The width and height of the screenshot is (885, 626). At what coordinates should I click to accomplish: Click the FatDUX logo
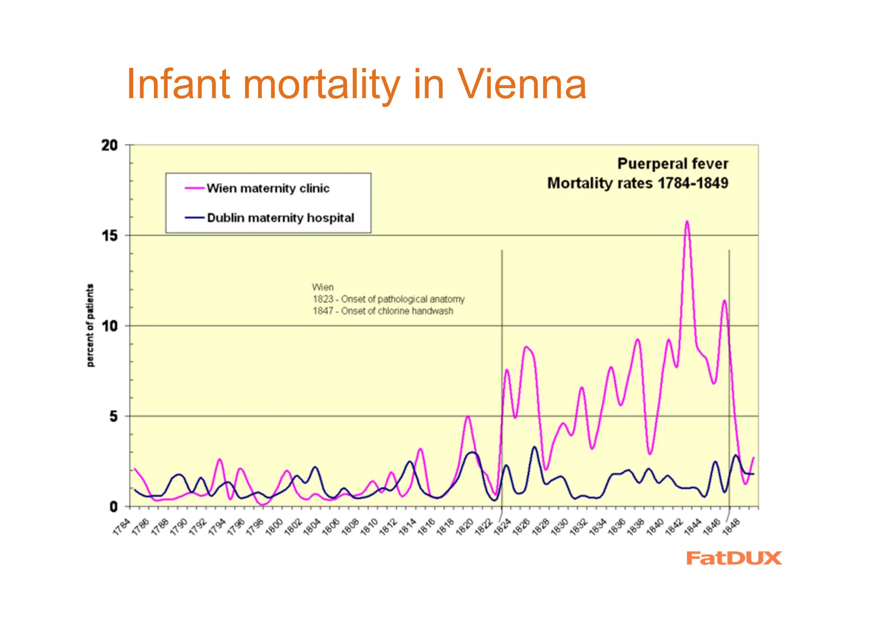tap(734, 558)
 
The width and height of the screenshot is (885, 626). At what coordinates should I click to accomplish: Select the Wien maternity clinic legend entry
tap(267, 188)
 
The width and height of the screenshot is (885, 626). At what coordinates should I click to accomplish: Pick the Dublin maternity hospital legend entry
tap(280, 217)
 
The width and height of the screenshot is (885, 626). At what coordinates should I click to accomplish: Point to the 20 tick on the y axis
tap(110, 145)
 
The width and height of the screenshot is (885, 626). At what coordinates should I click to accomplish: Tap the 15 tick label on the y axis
tap(110, 236)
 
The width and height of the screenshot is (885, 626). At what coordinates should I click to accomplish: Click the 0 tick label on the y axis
tap(113, 507)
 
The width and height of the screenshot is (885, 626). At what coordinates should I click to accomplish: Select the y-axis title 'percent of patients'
tap(90, 326)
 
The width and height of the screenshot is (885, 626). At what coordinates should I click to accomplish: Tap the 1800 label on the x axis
tap(274, 527)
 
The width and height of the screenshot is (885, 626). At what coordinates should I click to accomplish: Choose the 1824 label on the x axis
tap(503, 527)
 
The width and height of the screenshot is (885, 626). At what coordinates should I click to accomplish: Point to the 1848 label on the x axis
tap(731, 527)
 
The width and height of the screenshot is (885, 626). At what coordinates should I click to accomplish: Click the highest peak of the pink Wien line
tap(687, 222)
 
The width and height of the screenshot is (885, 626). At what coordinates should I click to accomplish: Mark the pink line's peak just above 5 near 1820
tap(468, 416)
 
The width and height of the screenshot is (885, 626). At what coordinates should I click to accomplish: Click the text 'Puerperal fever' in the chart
tap(672, 164)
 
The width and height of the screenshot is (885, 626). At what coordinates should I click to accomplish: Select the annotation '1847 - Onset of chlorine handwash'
tap(383, 311)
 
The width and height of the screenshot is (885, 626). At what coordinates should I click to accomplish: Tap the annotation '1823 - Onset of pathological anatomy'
tap(388, 299)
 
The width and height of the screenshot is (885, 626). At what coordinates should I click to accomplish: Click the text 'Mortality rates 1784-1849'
tap(637, 183)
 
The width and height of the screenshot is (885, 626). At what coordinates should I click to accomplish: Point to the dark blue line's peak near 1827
tap(535, 447)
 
